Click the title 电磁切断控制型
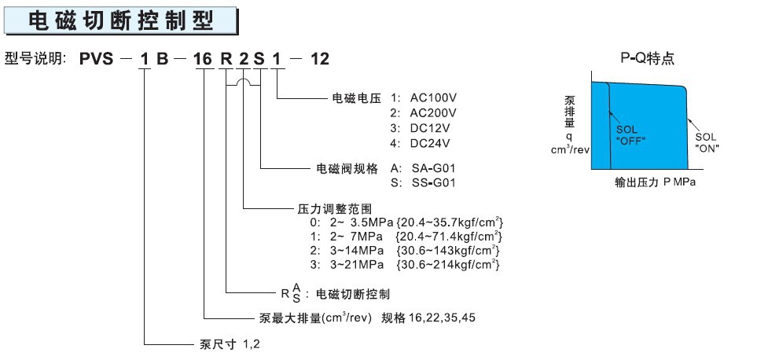point(121,20)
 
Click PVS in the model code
point(96,59)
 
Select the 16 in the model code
point(203,59)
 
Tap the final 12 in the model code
point(320,59)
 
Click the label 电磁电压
point(357,98)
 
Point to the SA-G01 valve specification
point(434,168)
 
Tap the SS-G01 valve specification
point(434,183)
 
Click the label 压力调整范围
point(335,209)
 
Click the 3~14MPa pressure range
point(356,251)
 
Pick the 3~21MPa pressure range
point(356,265)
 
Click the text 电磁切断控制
point(352,294)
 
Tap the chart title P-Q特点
point(648,59)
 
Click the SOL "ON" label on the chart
point(707,143)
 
